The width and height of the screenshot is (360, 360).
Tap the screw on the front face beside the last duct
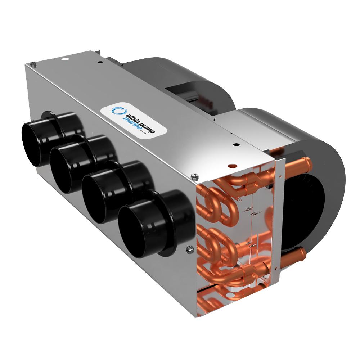point(188,250)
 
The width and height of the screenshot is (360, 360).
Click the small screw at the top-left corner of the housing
point(33,65)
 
